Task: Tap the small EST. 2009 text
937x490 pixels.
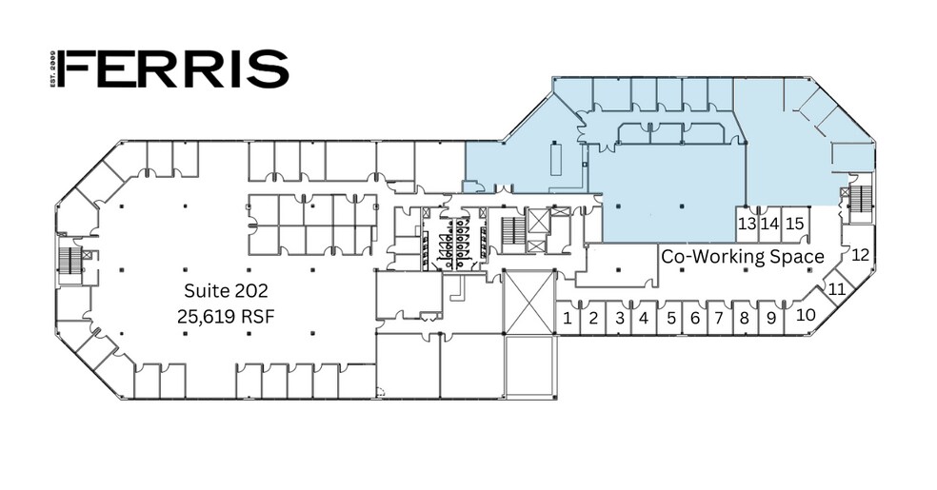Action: point(53,69)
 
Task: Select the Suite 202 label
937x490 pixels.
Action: point(226,291)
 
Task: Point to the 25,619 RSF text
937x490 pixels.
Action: point(226,316)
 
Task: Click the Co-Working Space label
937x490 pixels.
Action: point(743,257)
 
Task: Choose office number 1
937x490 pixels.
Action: point(568,318)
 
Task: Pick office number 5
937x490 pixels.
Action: point(671,318)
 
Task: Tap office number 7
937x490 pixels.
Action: point(719,318)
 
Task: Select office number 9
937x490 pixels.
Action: point(771,318)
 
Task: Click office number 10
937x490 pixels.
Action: point(807,315)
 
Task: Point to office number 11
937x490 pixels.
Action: point(838,289)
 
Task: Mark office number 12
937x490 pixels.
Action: point(860,255)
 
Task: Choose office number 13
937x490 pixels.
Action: point(747,224)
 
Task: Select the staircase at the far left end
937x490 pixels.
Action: point(67,259)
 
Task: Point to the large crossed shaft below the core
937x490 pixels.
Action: point(529,302)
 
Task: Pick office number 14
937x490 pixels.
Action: point(770,224)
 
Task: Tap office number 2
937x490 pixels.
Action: point(593,318)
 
